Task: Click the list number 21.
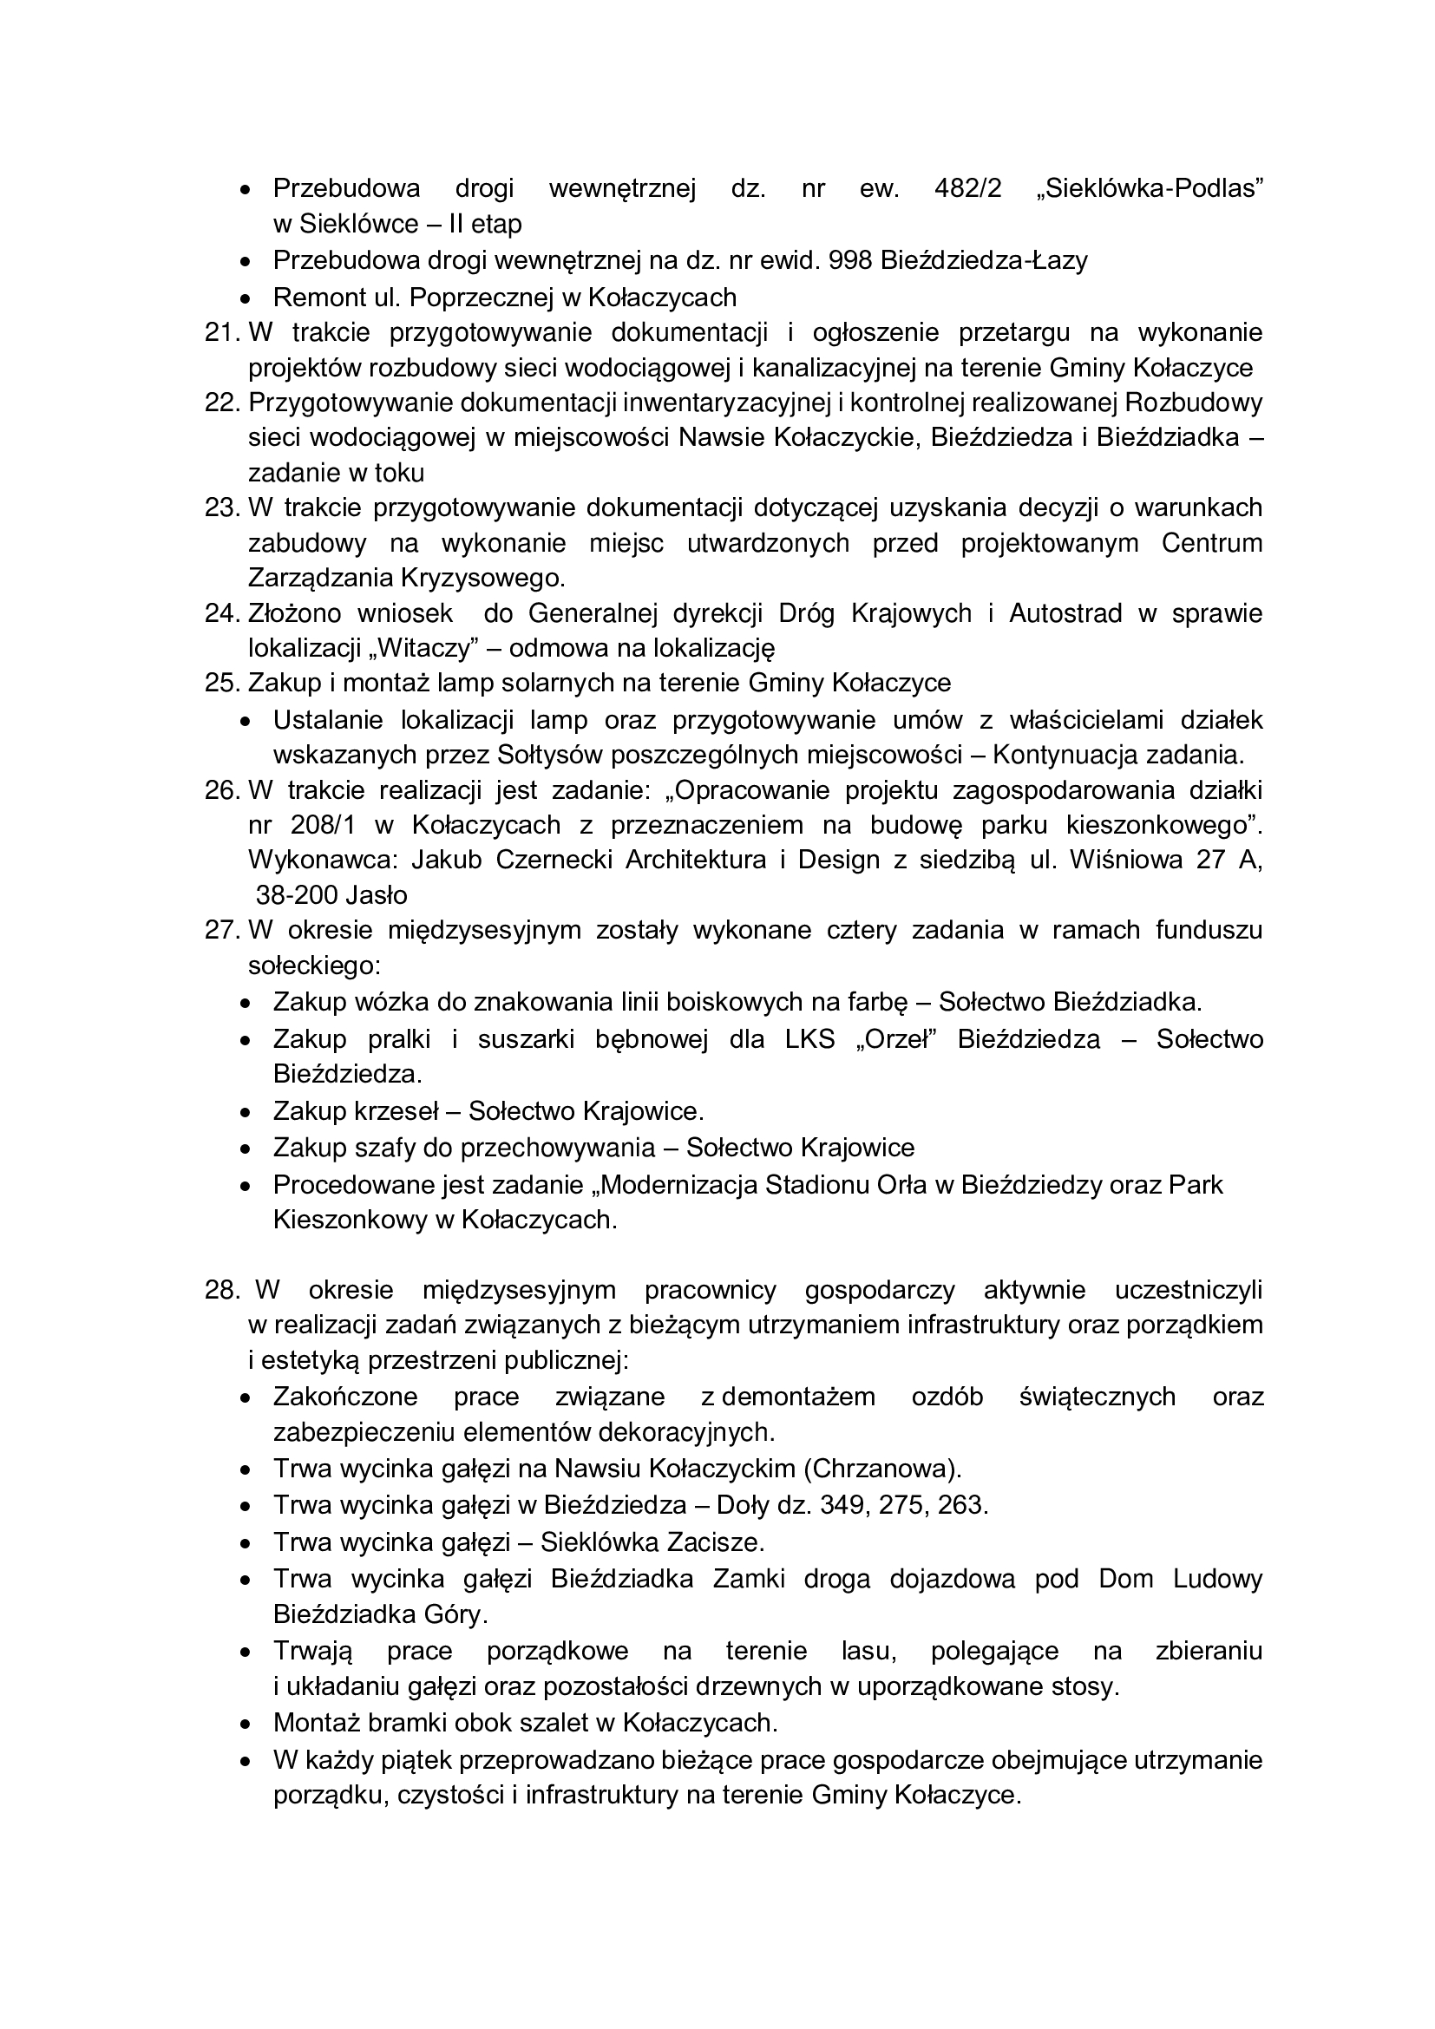pyautogui.click(x=222, y=332)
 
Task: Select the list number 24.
pyautogui.click(x=222, y=613)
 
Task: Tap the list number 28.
pyautogui.click(x=222, y=1290)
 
